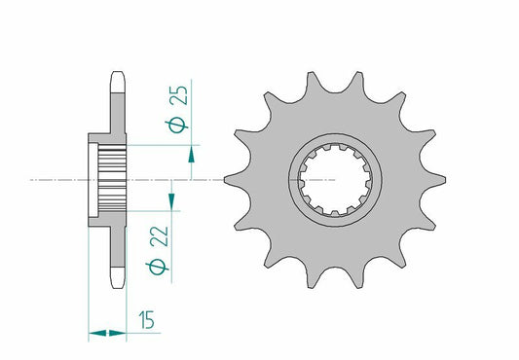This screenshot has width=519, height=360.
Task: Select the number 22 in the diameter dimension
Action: [157, 239]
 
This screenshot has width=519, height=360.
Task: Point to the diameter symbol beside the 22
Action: [157, 269]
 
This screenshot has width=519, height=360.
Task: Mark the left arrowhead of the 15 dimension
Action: [94, 334]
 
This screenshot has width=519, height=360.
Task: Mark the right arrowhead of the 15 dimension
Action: [123, 334]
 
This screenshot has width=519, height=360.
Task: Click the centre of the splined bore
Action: [334, 179]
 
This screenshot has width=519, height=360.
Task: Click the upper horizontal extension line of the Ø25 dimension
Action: [161, 145]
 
